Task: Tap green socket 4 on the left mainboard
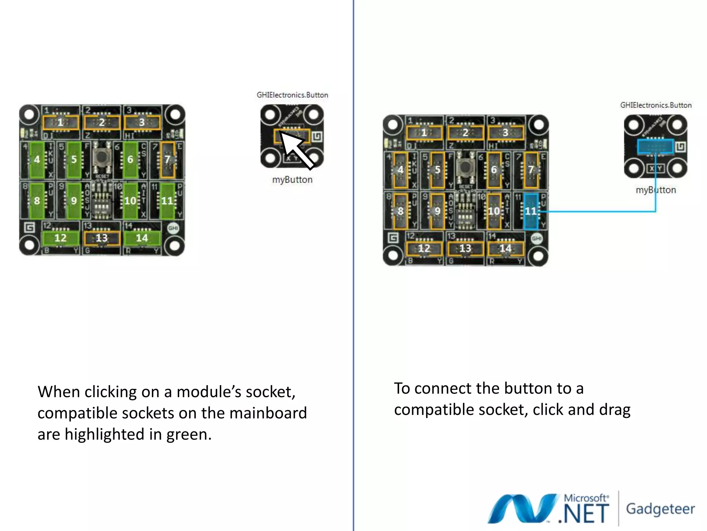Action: click(x=37, y=159)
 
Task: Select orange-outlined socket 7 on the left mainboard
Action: click(x=167, y=159)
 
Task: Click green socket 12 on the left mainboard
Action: click(x=60, y=238)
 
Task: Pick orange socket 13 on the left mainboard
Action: click(x=101, y=238)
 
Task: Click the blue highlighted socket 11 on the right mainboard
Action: click(x=531, y=211)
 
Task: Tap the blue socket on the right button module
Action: click(x=655, y=146)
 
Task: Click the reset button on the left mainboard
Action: click(x=101, y=158)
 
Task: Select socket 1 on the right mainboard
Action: click(x=424, y=132)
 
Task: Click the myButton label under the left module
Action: click(x=292, y=180)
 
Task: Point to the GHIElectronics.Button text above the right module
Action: click(x=656, y=105)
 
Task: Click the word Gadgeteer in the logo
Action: click(x=660, y=509)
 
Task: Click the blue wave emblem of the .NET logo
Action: click(x=521, y=508)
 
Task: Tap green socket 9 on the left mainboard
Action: click(x=74, y=201)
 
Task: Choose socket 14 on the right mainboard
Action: click(x=505, y=248)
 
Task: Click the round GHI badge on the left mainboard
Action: click(x=173, y=228)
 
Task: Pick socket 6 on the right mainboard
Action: click(x=494, y=170)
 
